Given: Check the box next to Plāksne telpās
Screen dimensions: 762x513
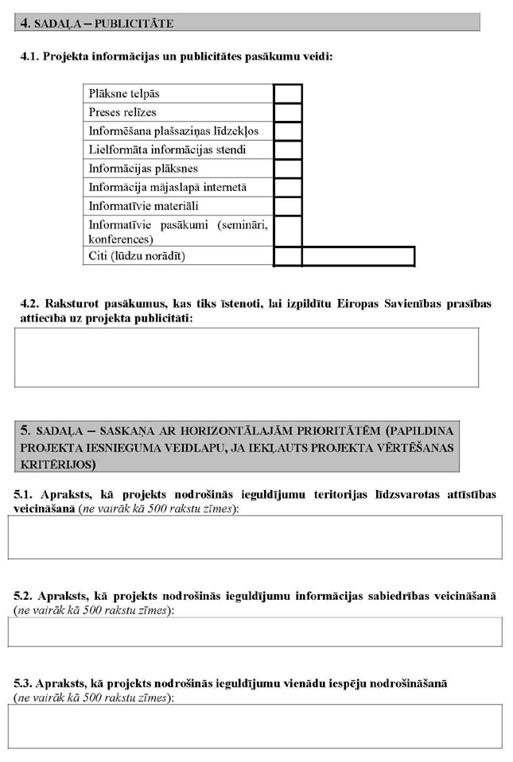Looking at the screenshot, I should (287, 93).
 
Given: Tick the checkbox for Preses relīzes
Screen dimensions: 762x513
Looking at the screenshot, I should (287, 112).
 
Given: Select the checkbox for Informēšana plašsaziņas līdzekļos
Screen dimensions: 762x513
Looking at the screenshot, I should (287, 130).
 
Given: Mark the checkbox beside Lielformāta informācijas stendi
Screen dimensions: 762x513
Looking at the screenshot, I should (287, 150).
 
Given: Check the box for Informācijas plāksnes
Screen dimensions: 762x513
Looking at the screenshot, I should (287, 169).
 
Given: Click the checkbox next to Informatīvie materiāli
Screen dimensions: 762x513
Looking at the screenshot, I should (287, 206).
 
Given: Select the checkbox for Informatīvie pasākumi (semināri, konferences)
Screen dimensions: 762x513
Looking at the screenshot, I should (287, 231).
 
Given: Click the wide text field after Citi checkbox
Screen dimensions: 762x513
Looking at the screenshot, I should (358, 256).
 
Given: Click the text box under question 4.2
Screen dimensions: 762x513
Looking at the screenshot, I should (247, 357).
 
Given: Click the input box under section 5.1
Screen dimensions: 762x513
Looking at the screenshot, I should (255, 537).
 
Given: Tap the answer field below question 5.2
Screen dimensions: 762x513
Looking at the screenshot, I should (255, 632).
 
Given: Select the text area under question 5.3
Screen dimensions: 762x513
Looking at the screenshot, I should (255, 725).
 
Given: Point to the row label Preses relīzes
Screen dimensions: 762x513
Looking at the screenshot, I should (122, 112).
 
